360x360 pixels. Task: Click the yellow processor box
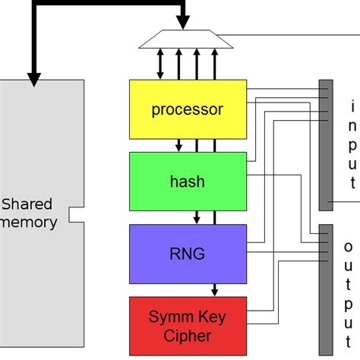188,109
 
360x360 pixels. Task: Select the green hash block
188,182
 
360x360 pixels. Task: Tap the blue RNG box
188,254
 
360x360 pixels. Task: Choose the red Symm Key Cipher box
188,326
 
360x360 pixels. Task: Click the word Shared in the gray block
28,204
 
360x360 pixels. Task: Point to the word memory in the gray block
29,223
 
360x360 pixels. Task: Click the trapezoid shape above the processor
185,39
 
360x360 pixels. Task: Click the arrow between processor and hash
178,144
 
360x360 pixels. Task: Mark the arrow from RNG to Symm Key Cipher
215,289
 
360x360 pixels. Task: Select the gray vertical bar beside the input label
325,144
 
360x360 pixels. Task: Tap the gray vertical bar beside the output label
325,289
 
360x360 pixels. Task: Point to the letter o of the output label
349,246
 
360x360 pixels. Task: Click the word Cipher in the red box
188,335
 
